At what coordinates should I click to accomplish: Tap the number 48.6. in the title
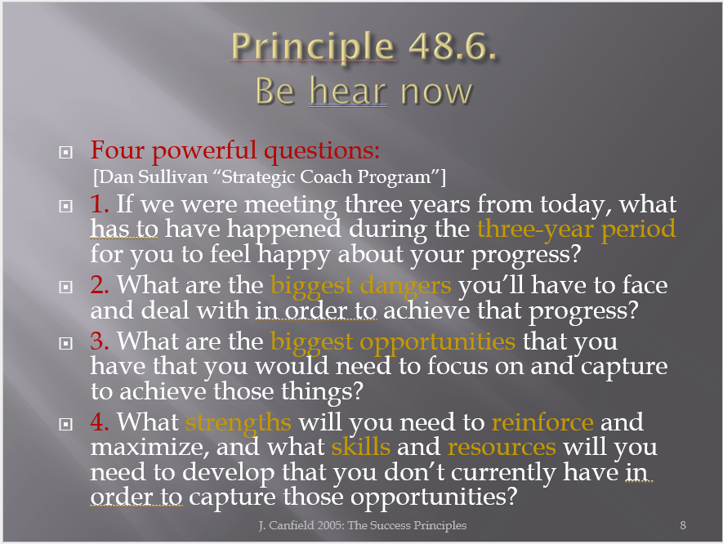[453, 46]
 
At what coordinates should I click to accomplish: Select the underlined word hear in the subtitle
[348, 91]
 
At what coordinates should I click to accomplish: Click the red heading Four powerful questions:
[235, 151]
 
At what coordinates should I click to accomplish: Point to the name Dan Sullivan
[154, 177]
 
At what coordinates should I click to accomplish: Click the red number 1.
[100, 203]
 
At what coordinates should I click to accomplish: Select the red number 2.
[100, 284]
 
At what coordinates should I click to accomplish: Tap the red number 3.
[100, 341]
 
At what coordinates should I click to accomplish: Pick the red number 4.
[100, 421]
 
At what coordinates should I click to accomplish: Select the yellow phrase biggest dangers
[360, 286]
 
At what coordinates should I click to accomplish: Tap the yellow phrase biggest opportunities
[393, 342]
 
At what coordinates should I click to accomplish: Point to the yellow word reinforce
[542, 421]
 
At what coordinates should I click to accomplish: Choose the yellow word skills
[361, 447]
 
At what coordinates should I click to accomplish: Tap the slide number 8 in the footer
[683, 525]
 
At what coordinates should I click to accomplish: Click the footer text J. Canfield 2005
[301, 525]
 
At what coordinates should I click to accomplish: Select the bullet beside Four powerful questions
[66, 152]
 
